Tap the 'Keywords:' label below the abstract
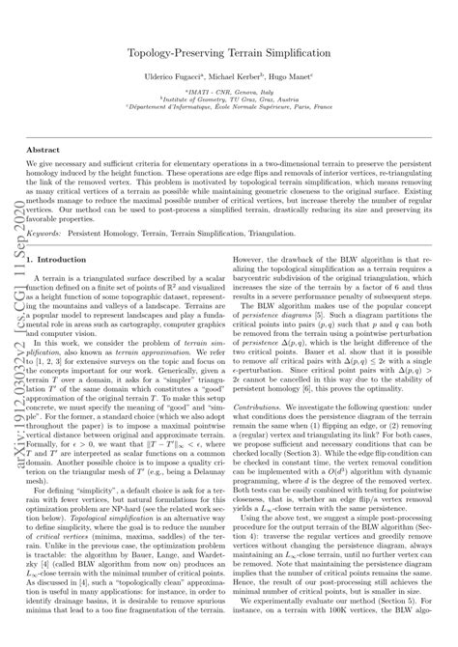coord(50,234)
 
